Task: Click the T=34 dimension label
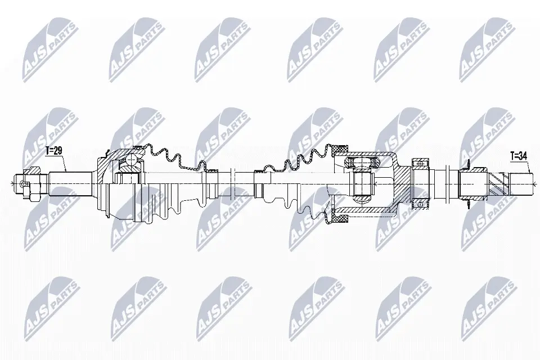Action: [x=519, y=156]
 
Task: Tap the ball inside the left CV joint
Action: [x=131, y=160]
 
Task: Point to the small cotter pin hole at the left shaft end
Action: [x=24, y=184]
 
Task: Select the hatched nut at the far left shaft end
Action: [x=33, y=183]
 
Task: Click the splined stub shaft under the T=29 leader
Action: [x=70, y=183]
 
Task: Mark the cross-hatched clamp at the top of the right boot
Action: [x=340, y=149]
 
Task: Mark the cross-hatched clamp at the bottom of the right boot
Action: [x=340, y=219]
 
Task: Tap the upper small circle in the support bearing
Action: [x=420, y=163]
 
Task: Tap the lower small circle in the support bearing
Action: [x=420, y=205]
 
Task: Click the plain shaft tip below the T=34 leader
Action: [x=522, y=183]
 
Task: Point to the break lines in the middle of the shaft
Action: [x=232, y=183]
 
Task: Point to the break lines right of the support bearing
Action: [x=447, y=183]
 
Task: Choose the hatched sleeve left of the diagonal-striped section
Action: [x=474, y=183]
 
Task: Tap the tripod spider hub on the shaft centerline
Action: [x=361, y=183]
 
